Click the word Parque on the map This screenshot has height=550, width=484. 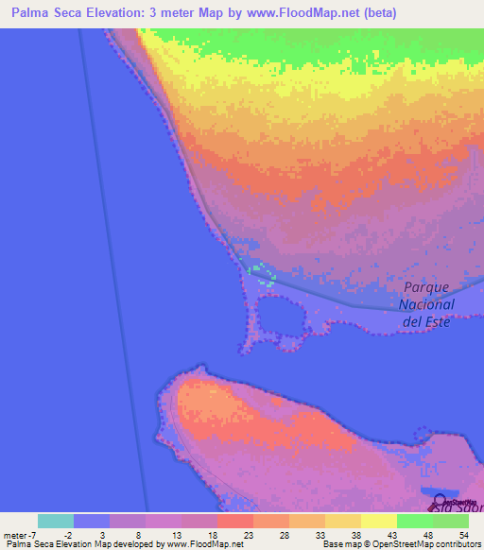pyautogui.click(x=424, y=288)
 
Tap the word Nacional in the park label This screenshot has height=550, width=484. pyautogui.click(x=426, y=304)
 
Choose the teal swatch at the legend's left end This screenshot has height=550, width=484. pyautogui.click(x=56, y=521)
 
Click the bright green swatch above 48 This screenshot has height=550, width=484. pyautogui.click(x=415, y=521)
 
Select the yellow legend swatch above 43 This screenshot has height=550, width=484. pyautogui.click(x=379, y=521)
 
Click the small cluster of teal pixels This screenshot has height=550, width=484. pyautogui.click(x=260, y=273)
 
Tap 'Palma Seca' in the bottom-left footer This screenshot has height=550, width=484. pyautogui.click(x=23, y=544)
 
